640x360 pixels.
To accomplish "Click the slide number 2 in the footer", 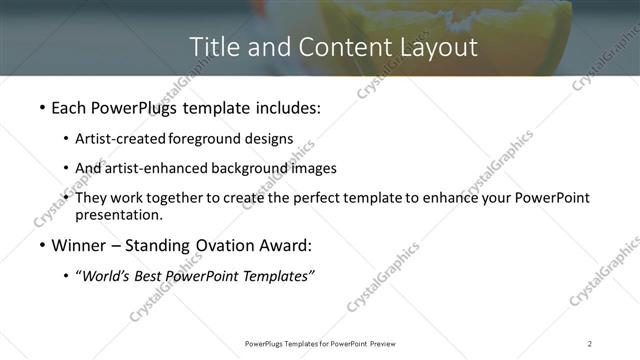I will click(590, 343).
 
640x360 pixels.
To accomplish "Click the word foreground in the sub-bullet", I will click(205, 139).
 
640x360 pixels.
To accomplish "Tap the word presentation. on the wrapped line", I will click(119, 214).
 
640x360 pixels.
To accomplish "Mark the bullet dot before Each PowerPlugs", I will click(41, 106).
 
